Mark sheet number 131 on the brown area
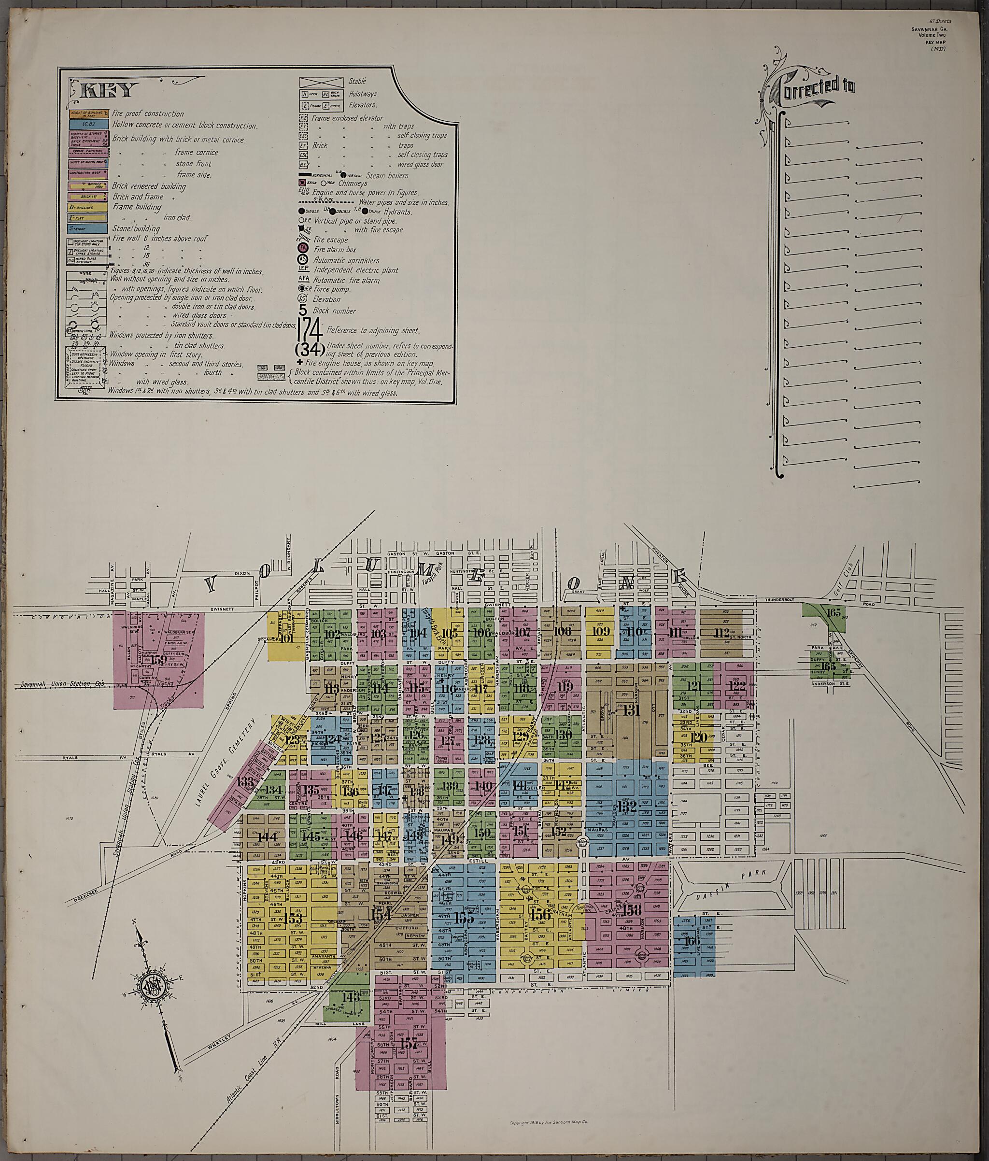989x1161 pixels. pos(632,710)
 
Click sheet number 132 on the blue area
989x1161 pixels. pos(627,807)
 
